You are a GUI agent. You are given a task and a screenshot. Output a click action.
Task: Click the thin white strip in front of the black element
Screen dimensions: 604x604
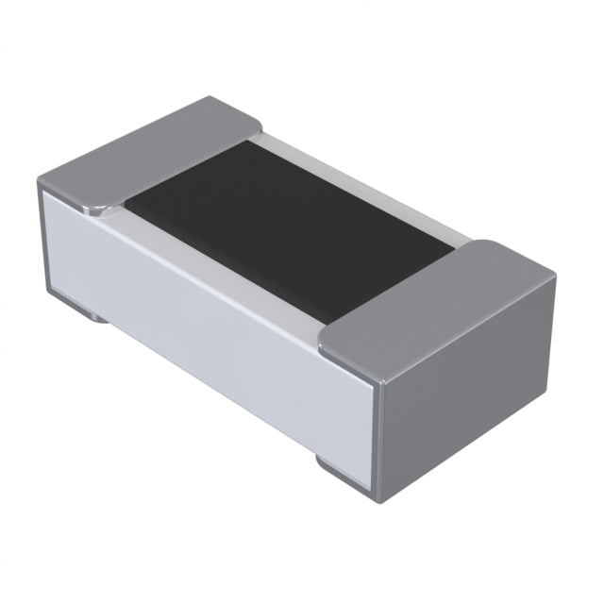pyautogui.click(x=217, y=260)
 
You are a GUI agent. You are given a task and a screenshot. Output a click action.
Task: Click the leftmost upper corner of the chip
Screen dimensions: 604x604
pyautogui.click(x=39, y=181)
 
